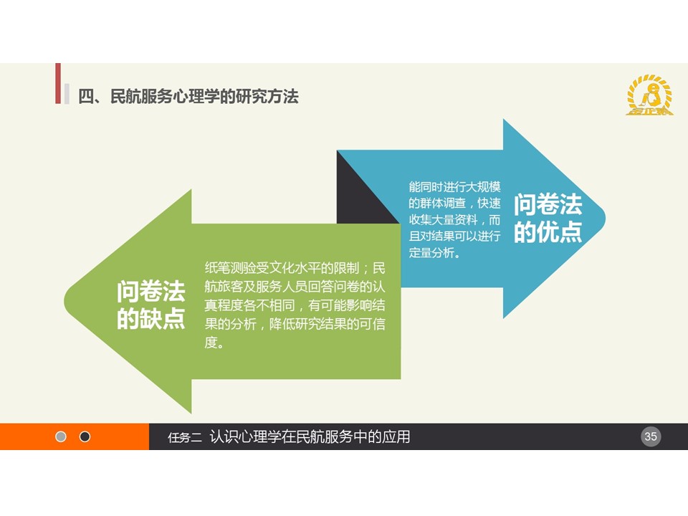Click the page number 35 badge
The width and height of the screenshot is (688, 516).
coord(650,436)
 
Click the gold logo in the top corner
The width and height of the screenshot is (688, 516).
coord(649,95)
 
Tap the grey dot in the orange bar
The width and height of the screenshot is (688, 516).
coord(61,436)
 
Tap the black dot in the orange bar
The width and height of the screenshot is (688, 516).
coord(85,436)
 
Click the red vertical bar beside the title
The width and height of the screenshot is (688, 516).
coord(58,83)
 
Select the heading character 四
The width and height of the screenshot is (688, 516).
coord(86,97)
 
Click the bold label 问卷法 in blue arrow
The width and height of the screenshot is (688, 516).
coord(548,204)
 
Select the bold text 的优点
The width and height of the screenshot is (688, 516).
coord(548,232)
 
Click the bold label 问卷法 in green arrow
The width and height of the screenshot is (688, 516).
coord(151,292)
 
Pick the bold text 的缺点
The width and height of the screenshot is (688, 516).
coord(151,319)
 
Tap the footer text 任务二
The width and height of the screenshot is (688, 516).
coord(185,437)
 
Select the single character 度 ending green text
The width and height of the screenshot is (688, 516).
coord(211,343)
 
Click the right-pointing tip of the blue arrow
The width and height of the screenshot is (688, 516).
coord(605,219)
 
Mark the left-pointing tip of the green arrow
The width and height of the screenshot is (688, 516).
coord(65,302)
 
